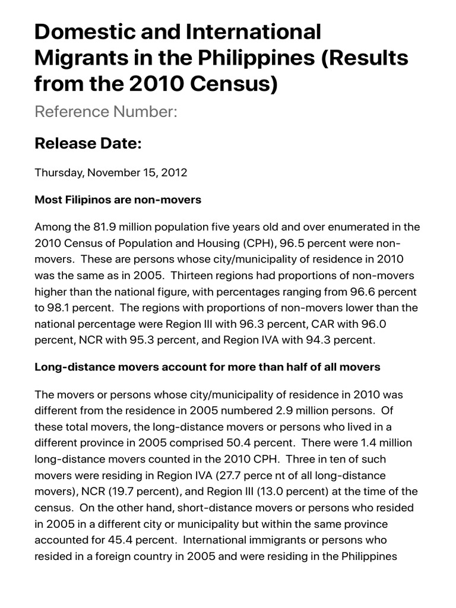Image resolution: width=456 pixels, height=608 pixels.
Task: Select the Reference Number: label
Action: point(106,112)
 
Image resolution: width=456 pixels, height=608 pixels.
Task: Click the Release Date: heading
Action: point(88,143)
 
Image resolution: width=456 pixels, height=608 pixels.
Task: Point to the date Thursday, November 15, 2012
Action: point(111,173)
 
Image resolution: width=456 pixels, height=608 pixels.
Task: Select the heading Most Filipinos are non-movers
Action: point(118,200)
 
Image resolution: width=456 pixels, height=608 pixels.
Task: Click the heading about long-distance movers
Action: point(207,367)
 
